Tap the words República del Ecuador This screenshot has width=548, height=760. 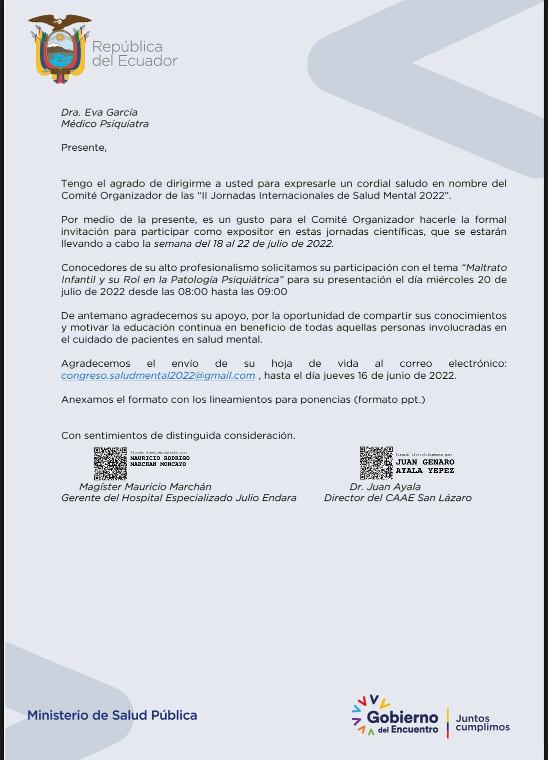134,54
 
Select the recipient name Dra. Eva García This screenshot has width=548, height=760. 99,112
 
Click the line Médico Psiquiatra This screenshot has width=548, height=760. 105,124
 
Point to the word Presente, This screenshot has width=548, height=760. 84,148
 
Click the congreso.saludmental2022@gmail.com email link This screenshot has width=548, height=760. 158,376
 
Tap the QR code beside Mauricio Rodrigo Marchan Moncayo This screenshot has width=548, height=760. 110,464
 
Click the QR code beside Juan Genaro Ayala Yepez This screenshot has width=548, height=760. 376,463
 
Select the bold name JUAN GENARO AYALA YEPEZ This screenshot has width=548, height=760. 425,466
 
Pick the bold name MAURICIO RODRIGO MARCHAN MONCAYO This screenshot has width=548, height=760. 160,461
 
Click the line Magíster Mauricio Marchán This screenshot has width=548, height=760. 145,487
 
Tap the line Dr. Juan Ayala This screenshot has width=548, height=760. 385,487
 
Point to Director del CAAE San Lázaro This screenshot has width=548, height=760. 398,498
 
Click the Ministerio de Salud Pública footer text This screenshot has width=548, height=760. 112,715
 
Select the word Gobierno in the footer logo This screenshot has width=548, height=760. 402,717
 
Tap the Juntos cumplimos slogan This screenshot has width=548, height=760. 482,723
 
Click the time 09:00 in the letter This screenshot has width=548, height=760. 272,292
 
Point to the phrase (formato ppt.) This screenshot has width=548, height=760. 389,400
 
